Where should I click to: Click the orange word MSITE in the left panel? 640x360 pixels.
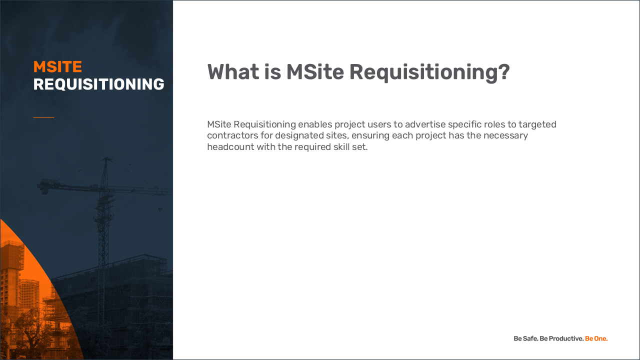tap(57, 67)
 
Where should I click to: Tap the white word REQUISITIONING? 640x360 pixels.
tap(99, 84)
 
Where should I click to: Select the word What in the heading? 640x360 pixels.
tap(233, 71)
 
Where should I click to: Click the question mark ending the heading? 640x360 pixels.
tap(504, 71)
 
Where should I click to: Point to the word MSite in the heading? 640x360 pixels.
tap(315, 71)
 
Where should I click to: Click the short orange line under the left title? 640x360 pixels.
tap(43, 117)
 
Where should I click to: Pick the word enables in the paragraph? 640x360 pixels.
tap(315, 124)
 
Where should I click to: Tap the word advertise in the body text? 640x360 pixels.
tap(425, 124)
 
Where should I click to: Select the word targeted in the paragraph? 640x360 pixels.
tap(537, 125)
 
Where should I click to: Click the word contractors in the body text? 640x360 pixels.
tap(232, 135)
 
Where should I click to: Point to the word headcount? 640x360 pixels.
tap(230, 147)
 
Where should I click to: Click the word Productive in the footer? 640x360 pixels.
tap(566, 338)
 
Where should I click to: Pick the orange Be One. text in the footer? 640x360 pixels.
tap(596, 338)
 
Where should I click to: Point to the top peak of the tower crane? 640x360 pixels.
tap(107, 157)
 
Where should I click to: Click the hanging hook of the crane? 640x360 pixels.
tap(160, 210)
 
